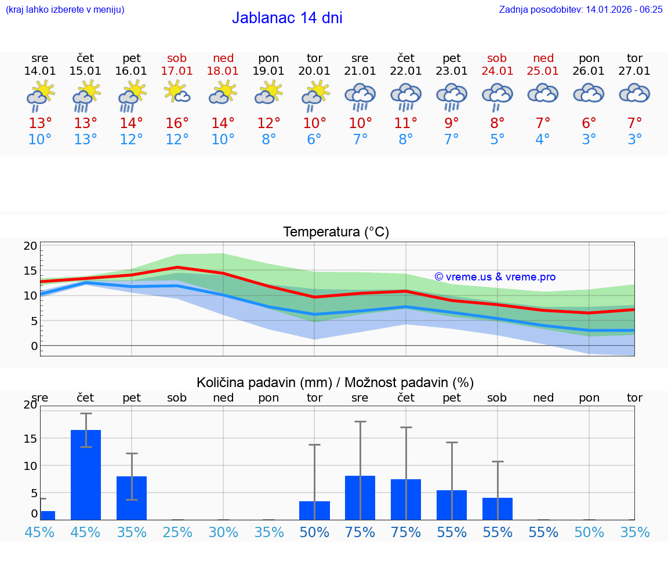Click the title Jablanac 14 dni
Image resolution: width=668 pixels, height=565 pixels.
tap(287, 18)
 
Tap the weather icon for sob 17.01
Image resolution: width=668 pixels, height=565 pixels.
tap(177, 93)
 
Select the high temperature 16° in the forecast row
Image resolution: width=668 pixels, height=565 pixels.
tap(177, 123)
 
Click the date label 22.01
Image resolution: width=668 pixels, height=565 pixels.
tap(406, 71)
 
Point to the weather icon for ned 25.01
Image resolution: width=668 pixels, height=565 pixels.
tap(543, 93)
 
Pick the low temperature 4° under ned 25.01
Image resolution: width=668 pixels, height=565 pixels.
tap(543, 140)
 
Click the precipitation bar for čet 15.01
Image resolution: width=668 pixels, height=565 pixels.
tap(86, 475)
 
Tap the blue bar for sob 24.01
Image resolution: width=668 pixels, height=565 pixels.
tap(498, 508)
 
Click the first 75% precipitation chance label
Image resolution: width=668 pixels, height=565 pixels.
tap(360, 533)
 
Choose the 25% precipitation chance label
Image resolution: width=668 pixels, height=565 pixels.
tap(177, 533)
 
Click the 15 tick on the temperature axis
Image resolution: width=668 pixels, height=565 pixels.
tap(30, 271)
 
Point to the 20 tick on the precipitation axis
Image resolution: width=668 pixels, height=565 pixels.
tap(30, 405)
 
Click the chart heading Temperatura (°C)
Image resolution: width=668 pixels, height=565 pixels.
tap(336, 232)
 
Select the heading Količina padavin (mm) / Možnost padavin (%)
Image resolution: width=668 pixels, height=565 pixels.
tap(335, 382)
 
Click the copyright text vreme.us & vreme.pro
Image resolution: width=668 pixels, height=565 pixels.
tap(495, 277)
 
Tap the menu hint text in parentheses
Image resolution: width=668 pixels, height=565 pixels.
tap(65, 9)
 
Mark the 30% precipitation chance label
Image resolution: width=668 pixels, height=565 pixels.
tap(223, 533)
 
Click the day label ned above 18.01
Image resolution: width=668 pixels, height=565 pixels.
tap(223, 59)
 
